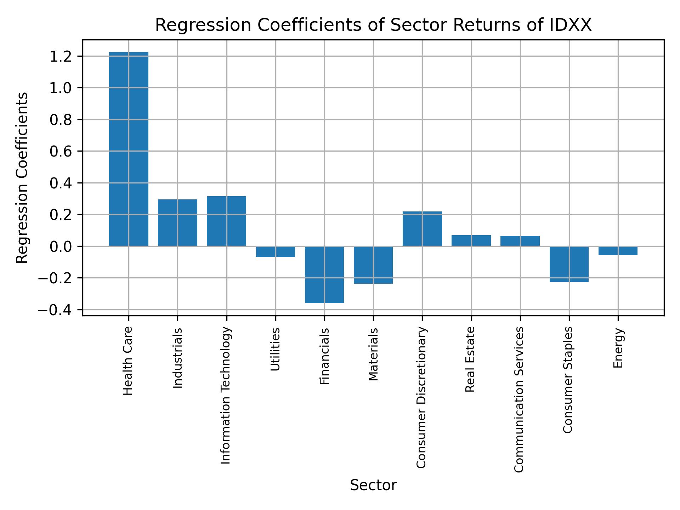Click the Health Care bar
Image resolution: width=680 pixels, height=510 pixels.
[129, 149]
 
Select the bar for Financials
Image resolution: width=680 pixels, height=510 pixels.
[324, 274]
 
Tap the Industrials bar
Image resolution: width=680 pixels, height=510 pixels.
[177, 223]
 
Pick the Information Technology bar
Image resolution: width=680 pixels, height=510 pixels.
[226, 221]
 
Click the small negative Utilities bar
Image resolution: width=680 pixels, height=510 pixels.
[276, 251]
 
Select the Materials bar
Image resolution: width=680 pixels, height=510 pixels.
[373, 265]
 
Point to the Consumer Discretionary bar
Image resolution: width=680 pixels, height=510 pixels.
[422, 228]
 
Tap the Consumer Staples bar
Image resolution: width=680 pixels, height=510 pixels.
[569, 264]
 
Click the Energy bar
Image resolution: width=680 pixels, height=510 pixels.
[618, 250]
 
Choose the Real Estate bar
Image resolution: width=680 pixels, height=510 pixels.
[471, 240]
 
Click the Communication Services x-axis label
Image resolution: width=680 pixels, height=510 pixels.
[519, 399]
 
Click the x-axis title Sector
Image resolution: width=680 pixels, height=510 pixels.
[373, 485]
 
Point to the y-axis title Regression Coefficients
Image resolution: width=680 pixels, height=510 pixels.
[22, 177]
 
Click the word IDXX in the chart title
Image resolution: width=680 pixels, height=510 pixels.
[572, 25]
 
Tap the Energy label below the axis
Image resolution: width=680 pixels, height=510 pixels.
[618, 348]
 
